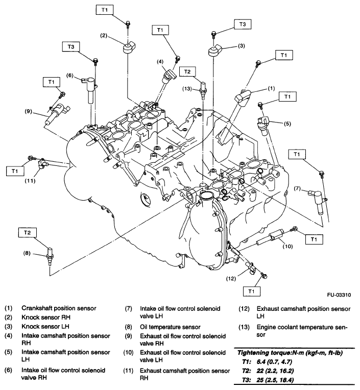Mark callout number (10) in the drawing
point(288,246)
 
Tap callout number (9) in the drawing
point(29,111)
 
